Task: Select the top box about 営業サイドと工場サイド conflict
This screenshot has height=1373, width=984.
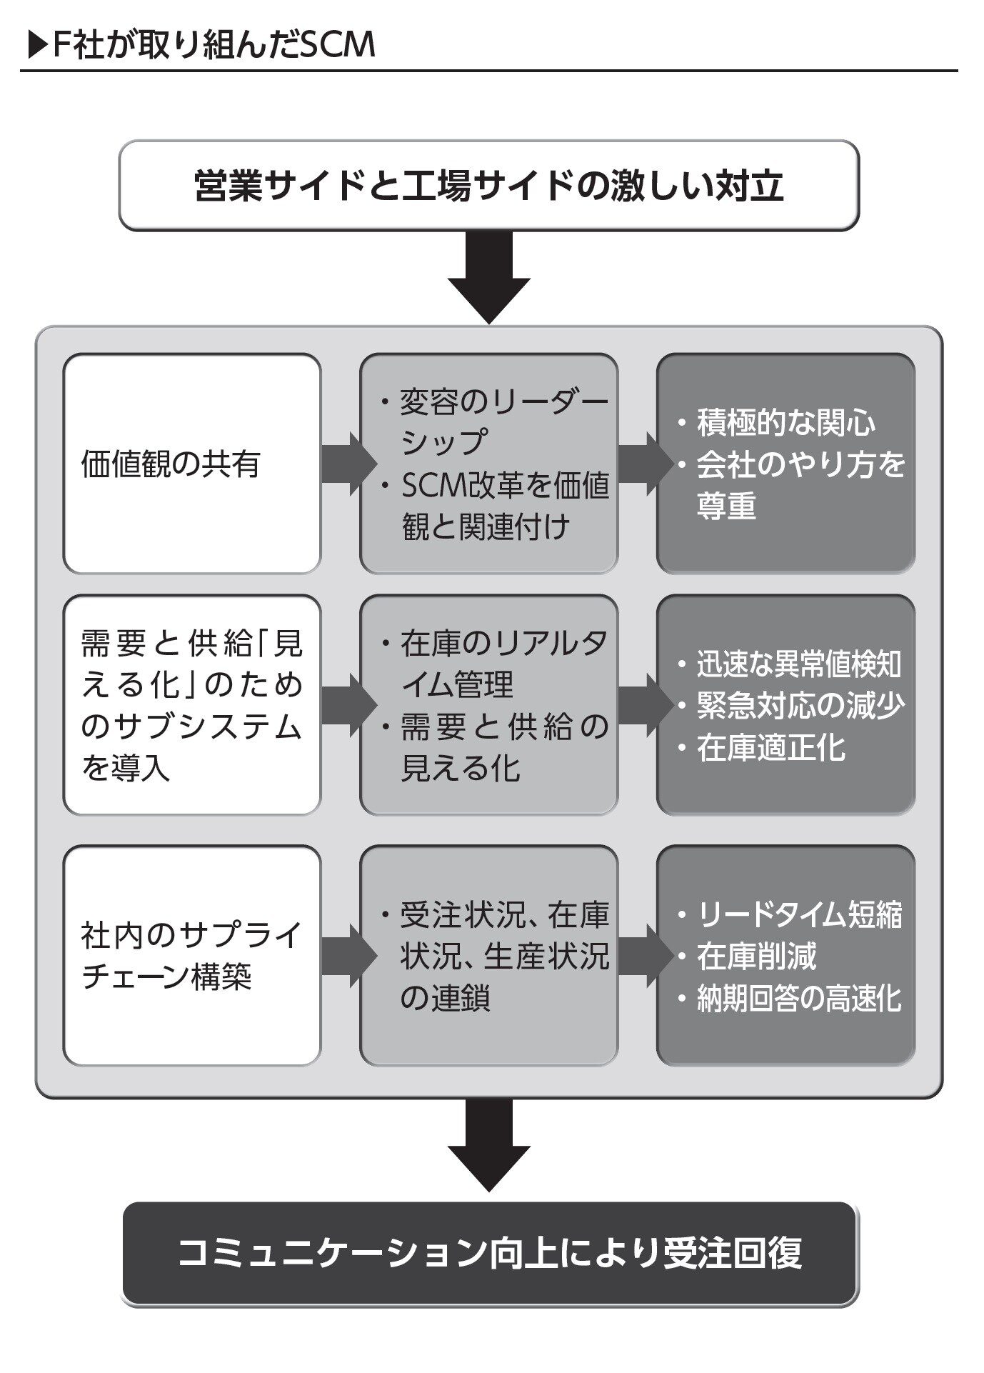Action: [488, 186]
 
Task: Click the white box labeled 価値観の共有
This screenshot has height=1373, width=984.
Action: [191, 464]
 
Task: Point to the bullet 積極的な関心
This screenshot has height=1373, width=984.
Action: [785, 423]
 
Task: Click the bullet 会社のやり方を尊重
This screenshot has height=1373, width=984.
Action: [793, 485]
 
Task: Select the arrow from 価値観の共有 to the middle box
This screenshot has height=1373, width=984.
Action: [348, 464]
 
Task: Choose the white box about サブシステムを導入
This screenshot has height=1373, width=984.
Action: [191, 705]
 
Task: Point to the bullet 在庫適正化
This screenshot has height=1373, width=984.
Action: [771, 748]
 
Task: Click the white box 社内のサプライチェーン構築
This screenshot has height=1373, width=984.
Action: [191, 955]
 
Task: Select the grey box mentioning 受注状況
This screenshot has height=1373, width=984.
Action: [488, 955]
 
